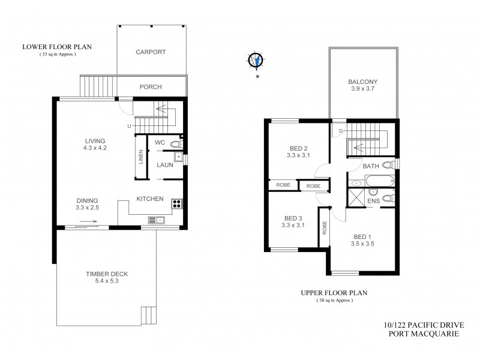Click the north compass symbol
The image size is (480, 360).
(x=256, y=60)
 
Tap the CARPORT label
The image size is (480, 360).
(x=150, y=52)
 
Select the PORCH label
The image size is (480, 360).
(x=151, y=87)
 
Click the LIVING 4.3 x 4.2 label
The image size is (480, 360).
(x=95, y=145)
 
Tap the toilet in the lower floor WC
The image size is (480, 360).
(x=175, y=144)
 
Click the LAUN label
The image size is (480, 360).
(x=166, y=164)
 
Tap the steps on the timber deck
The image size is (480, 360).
(x=148, y=315)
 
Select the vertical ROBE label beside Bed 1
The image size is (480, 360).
(x=325, y=227)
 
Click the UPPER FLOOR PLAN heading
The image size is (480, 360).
(x=334, y=293)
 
